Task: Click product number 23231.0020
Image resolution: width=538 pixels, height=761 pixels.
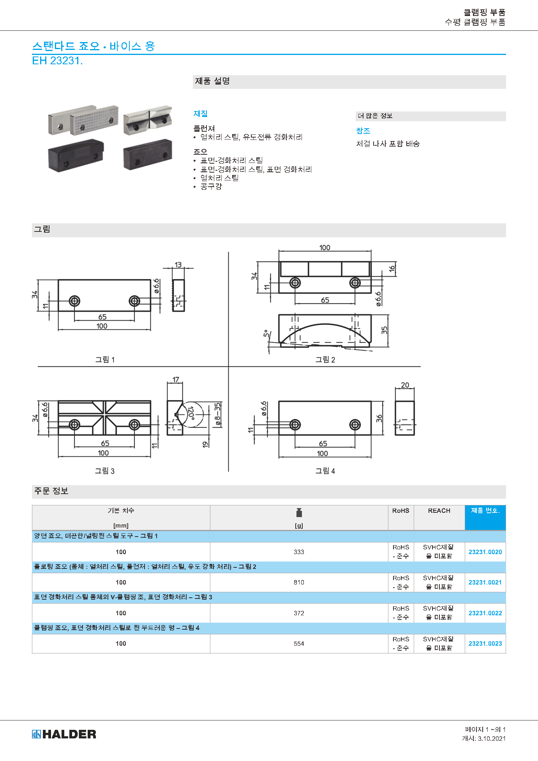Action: tap(485, 552)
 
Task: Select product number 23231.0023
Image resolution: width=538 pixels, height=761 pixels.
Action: tap(485, 643)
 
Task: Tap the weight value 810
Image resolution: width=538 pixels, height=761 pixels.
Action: tap(299, 582)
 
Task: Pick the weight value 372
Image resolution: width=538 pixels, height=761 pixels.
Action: tap(299, 613)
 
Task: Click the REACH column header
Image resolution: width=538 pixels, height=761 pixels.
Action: tap(439, 510)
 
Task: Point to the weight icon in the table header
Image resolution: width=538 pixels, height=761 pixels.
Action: tap(299, 512)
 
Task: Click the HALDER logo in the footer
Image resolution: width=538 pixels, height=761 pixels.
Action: tap(64, 734)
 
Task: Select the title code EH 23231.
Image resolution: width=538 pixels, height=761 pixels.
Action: tap(57, 61)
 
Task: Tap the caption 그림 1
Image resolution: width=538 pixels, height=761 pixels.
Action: tap(105, 360)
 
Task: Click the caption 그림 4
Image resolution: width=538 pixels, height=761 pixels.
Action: tap(325, 471)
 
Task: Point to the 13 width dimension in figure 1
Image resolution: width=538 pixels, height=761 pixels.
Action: tap(178, 265)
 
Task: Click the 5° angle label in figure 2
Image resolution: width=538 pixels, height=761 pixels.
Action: tap(266, 334)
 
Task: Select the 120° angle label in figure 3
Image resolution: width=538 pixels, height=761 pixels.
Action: tap(191, 412)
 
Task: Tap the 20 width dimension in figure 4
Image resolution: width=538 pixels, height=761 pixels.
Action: tap(405, 385)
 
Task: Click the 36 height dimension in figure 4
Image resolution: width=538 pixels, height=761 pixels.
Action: tap(379, 418)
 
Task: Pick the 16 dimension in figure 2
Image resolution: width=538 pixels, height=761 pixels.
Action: tap(392, 268)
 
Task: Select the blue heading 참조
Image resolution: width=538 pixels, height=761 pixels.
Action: tap(363, 131)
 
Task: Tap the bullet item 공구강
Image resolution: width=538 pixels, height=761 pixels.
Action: tap(211, 187)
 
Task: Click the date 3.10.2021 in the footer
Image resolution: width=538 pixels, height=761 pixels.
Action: tap(492, 738)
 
